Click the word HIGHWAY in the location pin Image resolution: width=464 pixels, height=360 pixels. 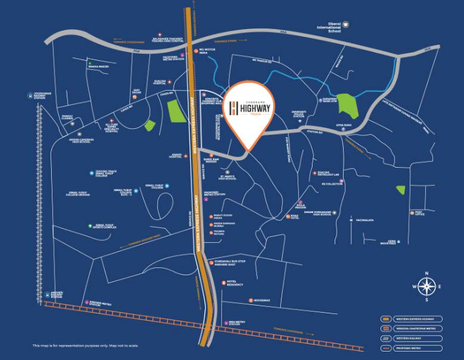(x=255, y=111)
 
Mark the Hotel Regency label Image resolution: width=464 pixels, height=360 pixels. (x=235, y=282)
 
